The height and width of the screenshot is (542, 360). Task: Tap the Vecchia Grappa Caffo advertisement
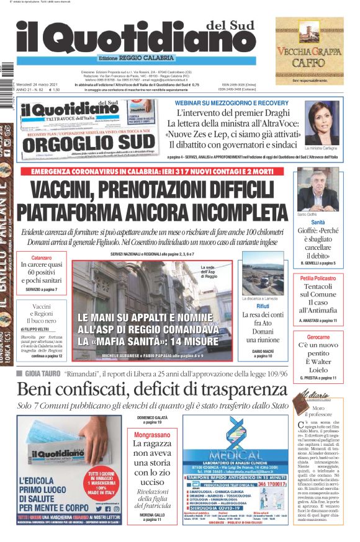coord(310,50)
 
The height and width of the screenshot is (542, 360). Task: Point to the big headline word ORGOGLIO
coord(68,143)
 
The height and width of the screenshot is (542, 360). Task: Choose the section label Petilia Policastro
coord(318,278)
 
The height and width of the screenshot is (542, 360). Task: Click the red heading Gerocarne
coord(318,337)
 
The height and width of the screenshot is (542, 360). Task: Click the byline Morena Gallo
coord(152,515)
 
